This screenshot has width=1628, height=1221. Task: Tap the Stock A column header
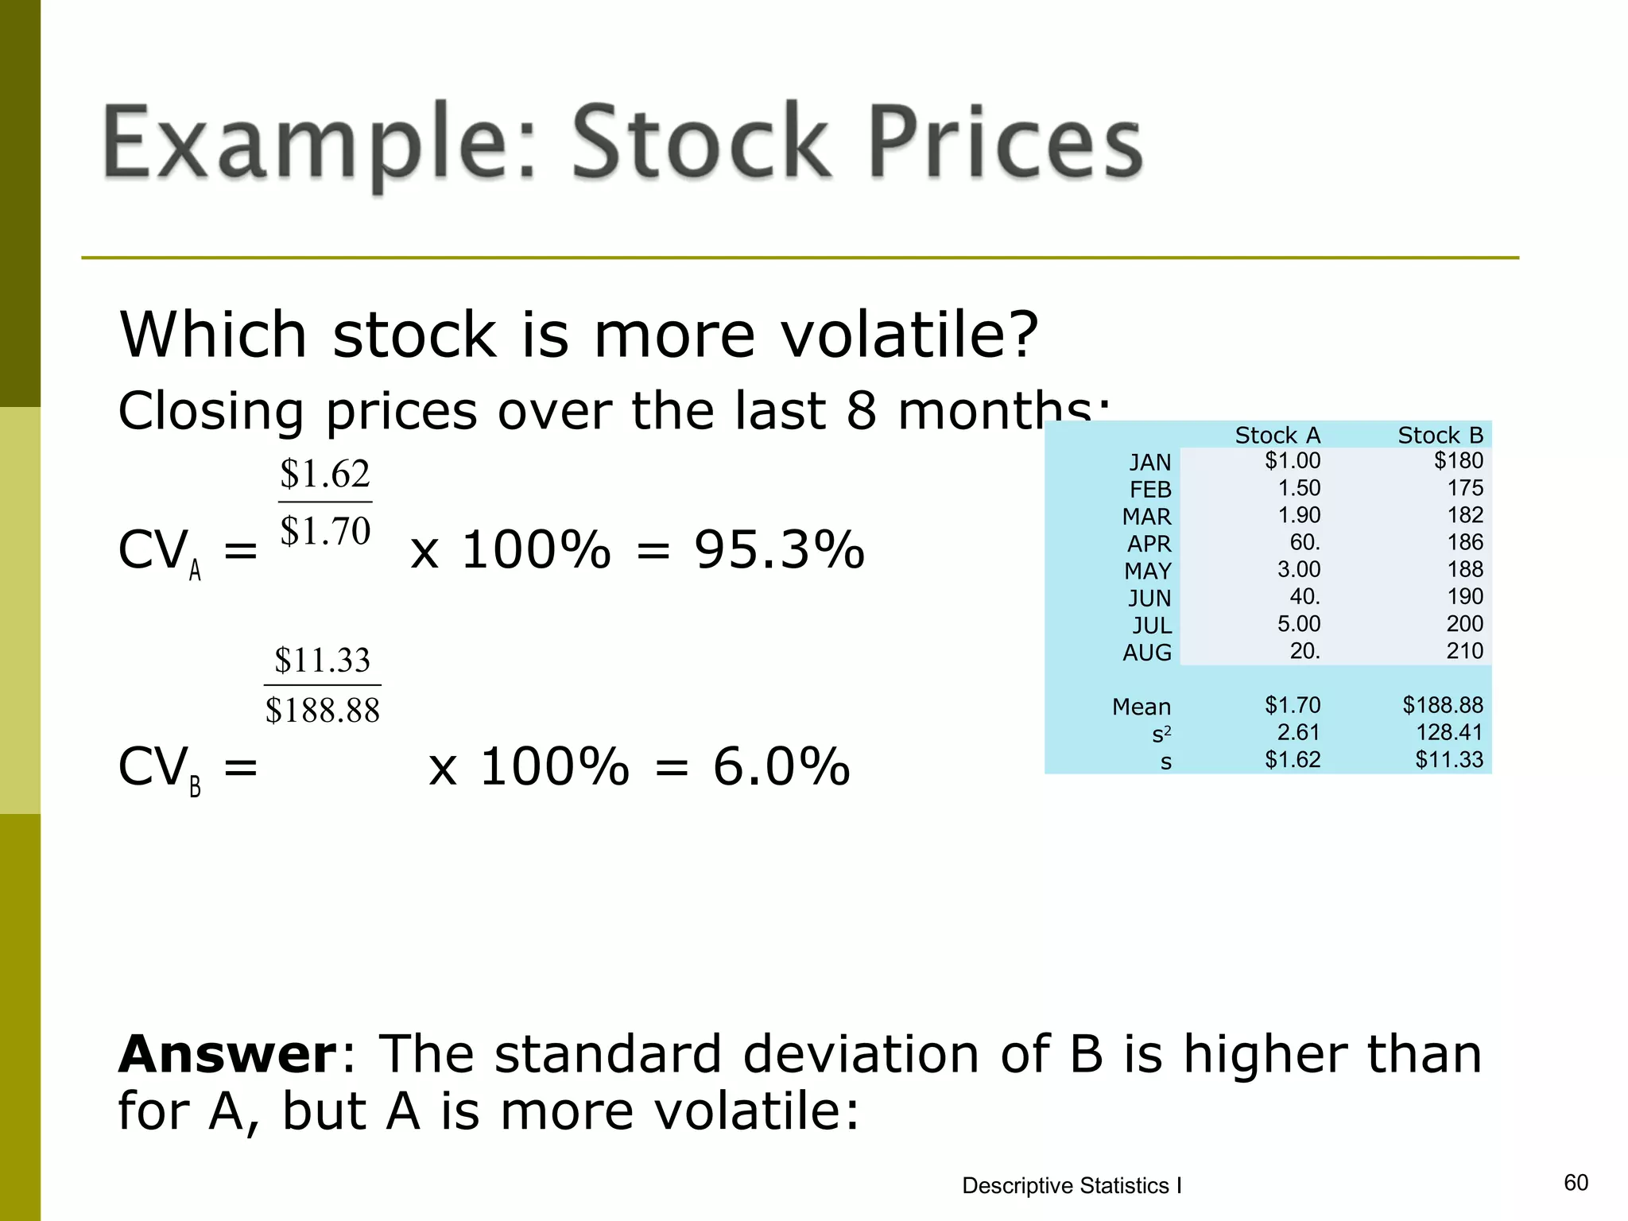(1277, 435)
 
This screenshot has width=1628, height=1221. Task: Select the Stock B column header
(1440, 435)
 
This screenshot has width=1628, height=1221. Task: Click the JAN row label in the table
(1149, 462)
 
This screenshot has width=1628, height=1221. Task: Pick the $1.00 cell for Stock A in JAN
(1292, 460)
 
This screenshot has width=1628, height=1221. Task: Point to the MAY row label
(1147, 571)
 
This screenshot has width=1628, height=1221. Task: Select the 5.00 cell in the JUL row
(1298, 623)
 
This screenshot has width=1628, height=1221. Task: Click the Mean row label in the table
(1141, 706)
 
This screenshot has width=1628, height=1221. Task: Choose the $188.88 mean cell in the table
(1442, 705)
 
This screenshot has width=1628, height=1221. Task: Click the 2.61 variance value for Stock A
(1298, 732)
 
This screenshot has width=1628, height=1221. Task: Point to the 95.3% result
(778, 549)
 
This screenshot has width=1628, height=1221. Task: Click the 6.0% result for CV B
(781, 766)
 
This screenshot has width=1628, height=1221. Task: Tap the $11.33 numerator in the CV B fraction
(322, 660)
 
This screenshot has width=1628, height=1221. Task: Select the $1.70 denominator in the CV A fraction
(325, 530)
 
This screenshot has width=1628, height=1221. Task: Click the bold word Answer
(228, 1054)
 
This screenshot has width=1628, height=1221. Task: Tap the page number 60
(1575, 1182)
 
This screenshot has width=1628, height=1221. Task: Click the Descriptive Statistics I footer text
(1071, 1185)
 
